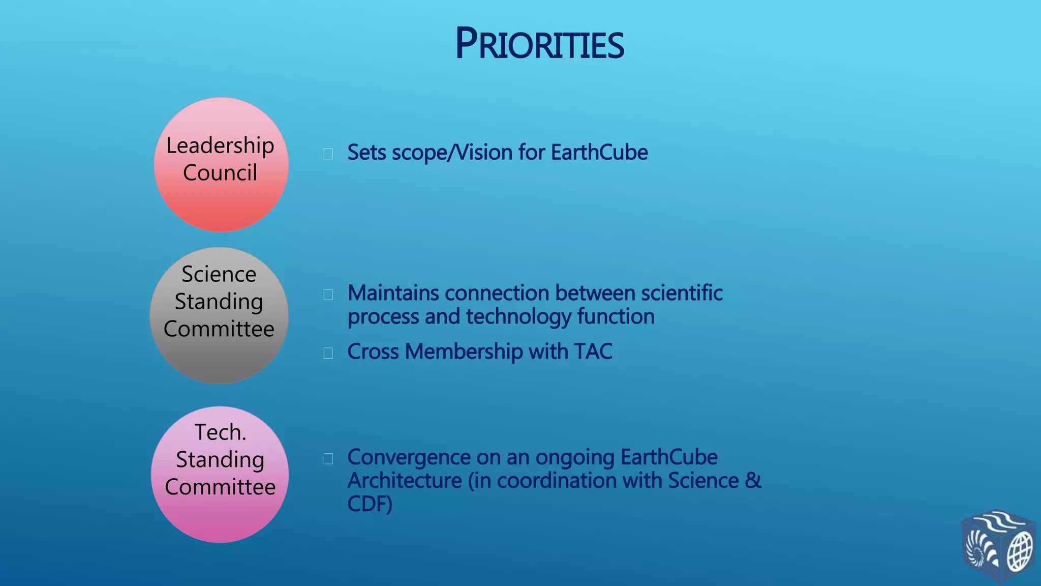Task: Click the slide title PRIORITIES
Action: pyautogui.click(x=539, y=44)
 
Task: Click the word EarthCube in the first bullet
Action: pyautogui.click(x=599, y=153)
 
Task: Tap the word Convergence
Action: pyautogui.click(x=409, y=457)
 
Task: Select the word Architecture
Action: pyautogui.click(x=404, y=481)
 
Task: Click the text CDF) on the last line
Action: pyautogui.click(x=370, y=504)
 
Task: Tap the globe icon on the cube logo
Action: pyautogui.click(x=1019, y=553)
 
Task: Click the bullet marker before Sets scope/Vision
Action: pyautogui.click(x=328, y=154)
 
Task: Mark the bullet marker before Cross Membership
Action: pyautogui.click(x=328, y=353)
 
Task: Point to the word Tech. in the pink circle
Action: pyautogui.click(x=220, y=432)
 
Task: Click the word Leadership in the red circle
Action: pyautogui.click(x=220, y=145)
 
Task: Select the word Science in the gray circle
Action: pyautogui.click(x=219, y=274)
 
